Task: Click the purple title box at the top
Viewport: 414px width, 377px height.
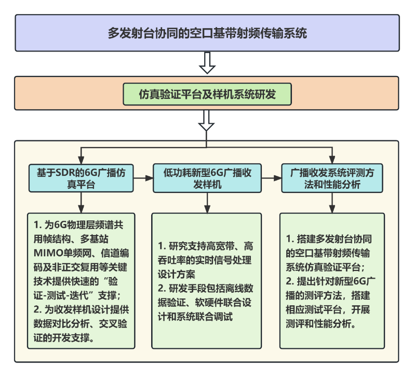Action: (x=207, y=33)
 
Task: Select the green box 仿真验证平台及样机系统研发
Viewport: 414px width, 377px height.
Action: (x=207, y=94)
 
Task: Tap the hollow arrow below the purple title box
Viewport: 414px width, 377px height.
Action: (x=207, y=63)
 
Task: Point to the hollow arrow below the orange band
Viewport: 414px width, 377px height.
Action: (x=206, y=121)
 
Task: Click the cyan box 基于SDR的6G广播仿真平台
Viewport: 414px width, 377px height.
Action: (x=81, y=178)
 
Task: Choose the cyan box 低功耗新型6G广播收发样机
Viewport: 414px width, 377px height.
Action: (x=207, y=178)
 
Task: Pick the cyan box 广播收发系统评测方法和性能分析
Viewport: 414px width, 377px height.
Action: (x=332, y=178)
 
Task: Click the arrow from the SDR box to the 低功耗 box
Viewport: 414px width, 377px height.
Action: (x=143, y=178)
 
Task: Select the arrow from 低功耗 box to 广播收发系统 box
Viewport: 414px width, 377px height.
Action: (x=272, y=178)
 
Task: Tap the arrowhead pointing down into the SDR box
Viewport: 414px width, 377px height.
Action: (x=81, y=160)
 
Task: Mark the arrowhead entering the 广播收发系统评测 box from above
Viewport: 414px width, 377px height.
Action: (x=332, y=160)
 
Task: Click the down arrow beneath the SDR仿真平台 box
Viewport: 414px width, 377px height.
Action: (x=81, y=202)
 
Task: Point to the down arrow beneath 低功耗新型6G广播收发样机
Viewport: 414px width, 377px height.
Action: (x=207, y=203)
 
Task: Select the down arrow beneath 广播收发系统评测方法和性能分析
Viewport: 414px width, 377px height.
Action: (x=332, y=203)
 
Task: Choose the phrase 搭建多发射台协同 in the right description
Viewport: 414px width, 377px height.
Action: (x=334, y=239)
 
